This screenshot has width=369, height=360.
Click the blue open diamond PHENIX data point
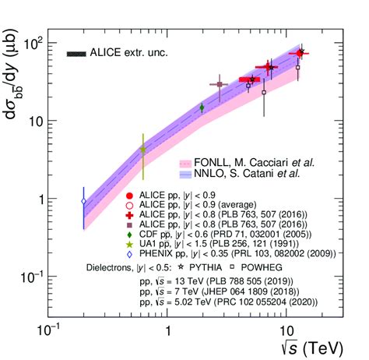(84, 202)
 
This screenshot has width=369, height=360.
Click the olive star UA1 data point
(142, 149)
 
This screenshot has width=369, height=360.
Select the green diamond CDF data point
(202, 108)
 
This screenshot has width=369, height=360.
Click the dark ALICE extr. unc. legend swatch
(76, 54)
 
